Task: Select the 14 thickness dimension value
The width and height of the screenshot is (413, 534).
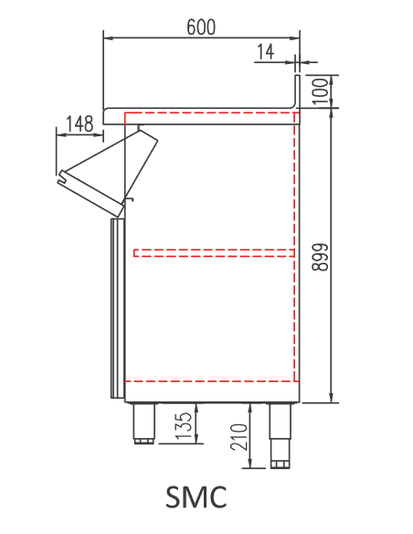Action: click(266, 52)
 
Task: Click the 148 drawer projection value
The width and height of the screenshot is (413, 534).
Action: click(79, 123)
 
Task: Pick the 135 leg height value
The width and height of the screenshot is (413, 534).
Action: click(184, 425)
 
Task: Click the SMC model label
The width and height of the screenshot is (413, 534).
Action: click(196, 497)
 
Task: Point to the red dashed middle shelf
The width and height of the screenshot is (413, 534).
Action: click(215, 251)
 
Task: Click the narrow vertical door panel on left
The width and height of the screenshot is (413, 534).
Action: click(116, 306)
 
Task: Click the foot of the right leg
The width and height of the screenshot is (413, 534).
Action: click(280, 464)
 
